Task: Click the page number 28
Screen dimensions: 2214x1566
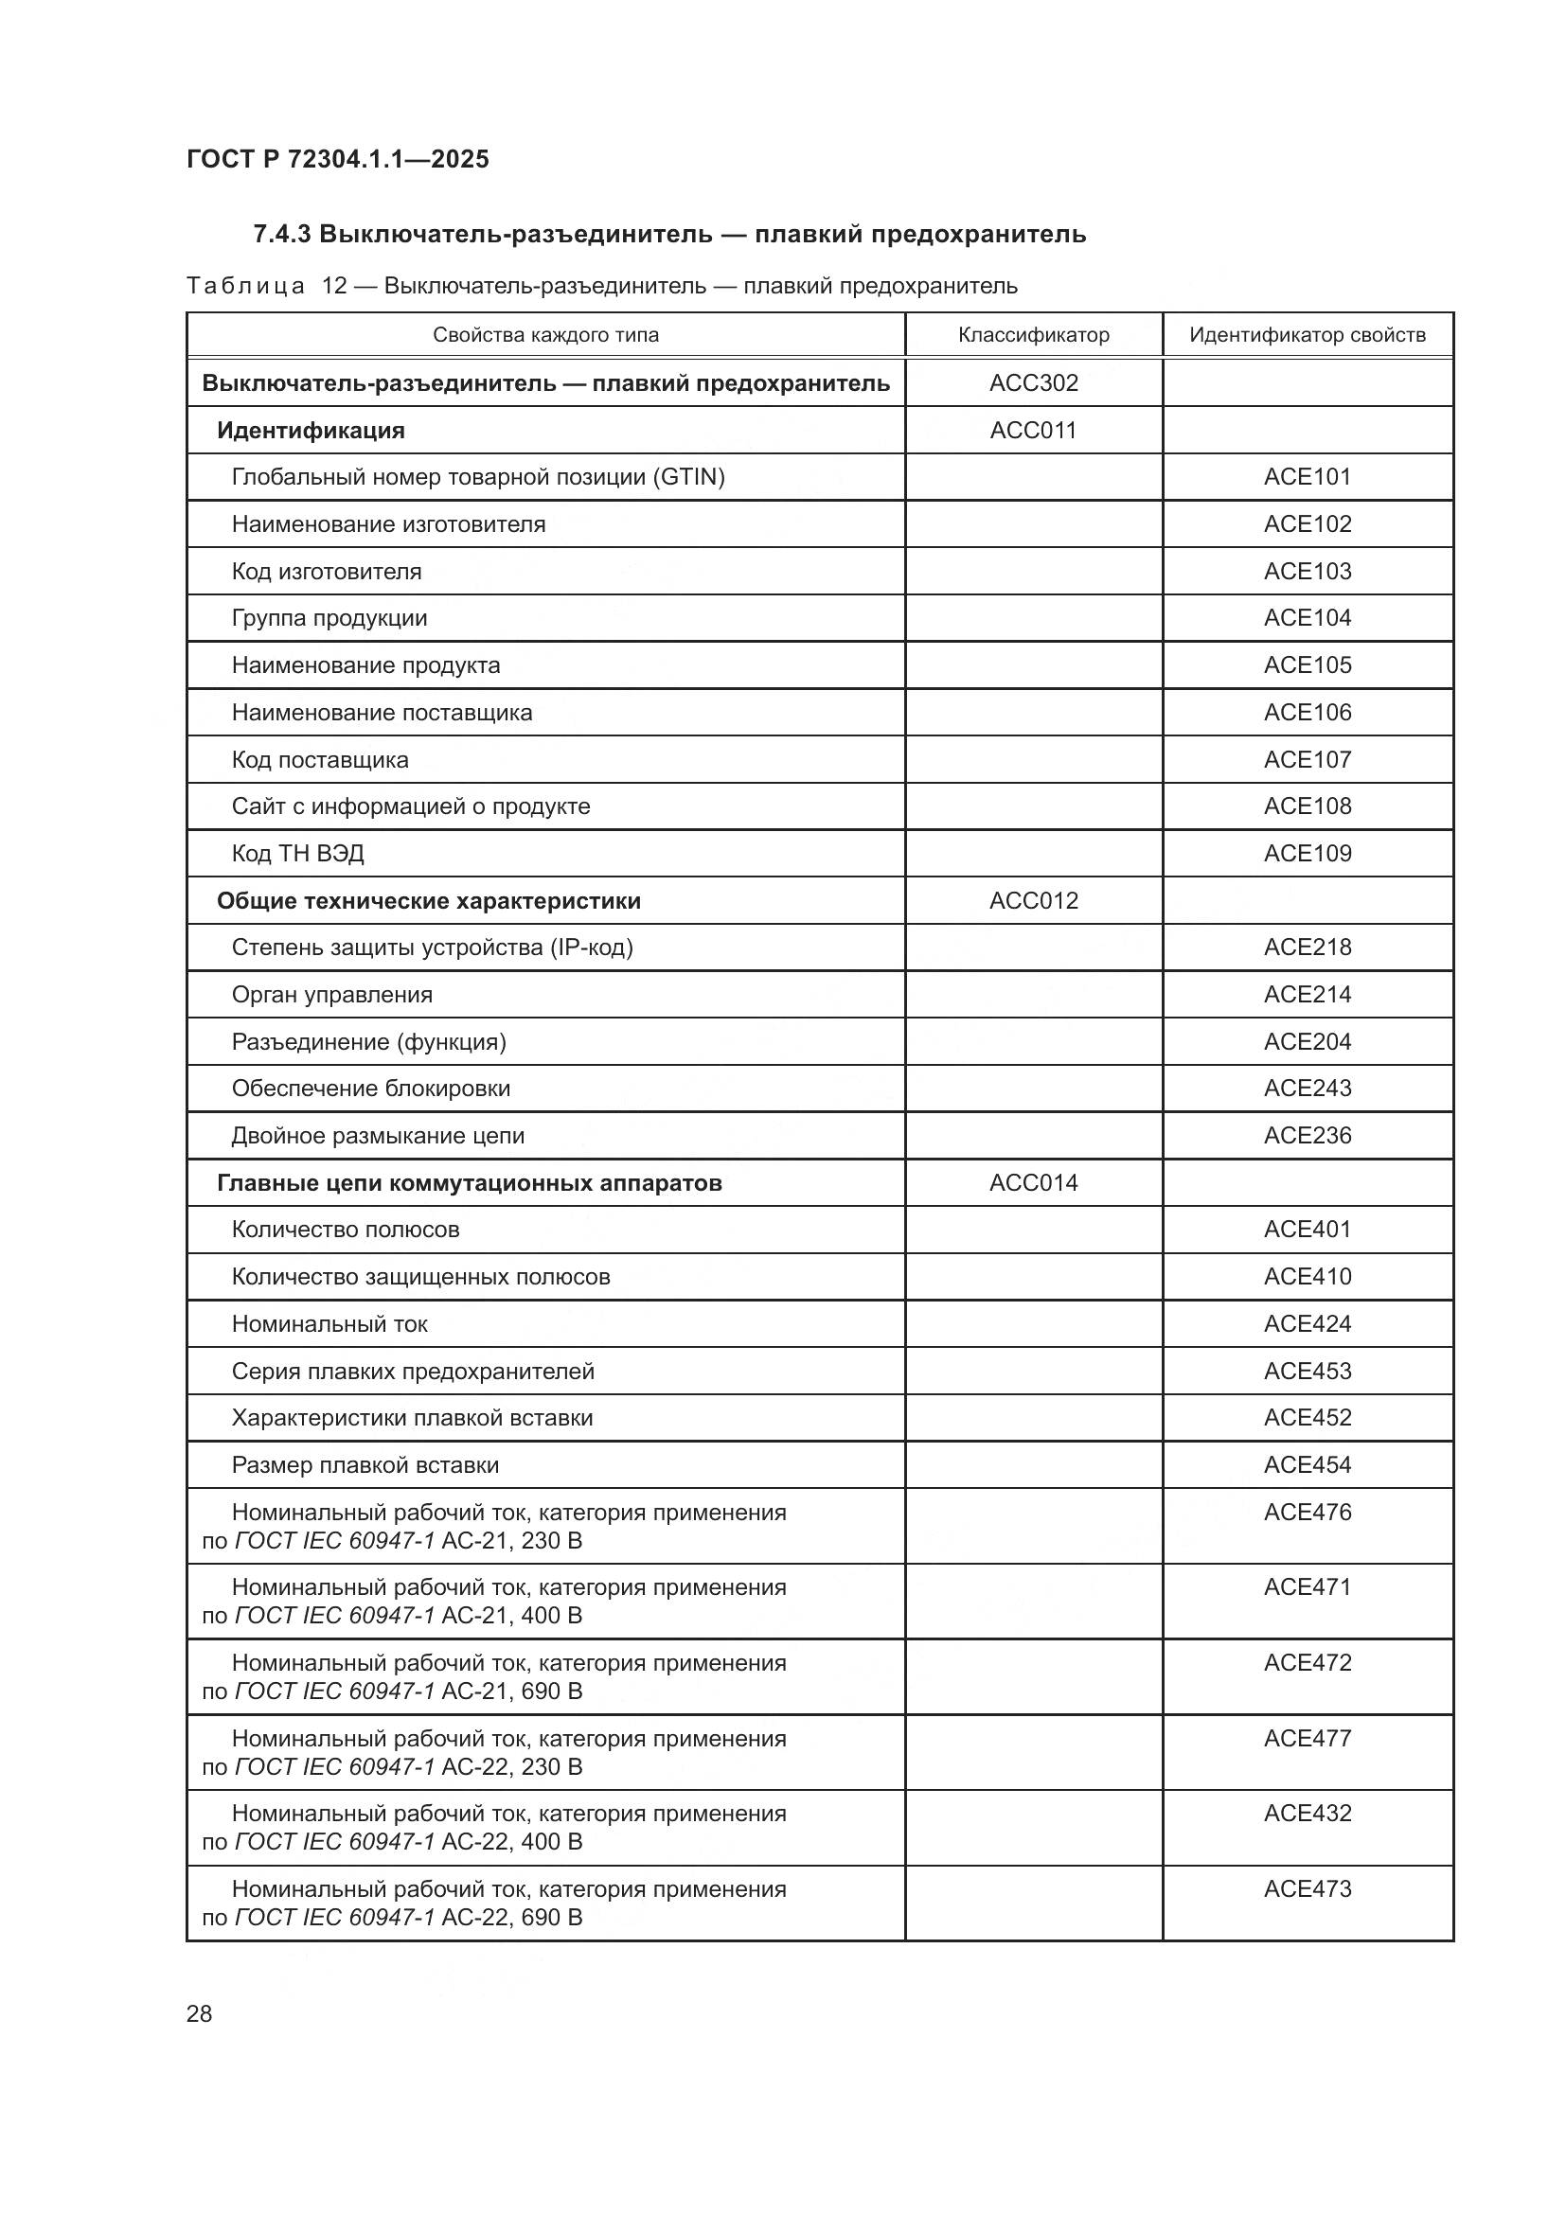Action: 199,2013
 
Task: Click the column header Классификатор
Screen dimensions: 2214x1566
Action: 1033,334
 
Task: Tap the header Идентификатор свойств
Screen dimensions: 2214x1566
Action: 1307,334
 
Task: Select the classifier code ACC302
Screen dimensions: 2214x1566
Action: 1033,382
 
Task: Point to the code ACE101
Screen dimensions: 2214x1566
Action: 1307,476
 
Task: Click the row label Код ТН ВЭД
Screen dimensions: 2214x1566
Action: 297,854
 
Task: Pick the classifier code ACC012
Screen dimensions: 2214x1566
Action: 1033,900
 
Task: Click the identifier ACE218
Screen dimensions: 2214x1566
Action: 1307,947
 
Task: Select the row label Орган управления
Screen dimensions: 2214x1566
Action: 331,994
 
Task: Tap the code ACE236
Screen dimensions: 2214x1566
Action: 1307,1135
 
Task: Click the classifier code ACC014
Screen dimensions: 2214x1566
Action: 1033,1182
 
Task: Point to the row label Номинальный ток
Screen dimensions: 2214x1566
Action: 329,1324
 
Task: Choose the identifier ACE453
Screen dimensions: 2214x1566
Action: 1307,1371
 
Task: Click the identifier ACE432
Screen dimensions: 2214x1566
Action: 1307,1813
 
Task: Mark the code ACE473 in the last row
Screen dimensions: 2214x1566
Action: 1307,1888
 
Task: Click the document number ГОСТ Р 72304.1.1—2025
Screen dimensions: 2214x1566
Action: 337,159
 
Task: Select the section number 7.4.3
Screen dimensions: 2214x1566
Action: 281,235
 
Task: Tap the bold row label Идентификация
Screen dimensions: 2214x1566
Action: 311,430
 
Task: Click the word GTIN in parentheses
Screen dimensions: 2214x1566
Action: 688,476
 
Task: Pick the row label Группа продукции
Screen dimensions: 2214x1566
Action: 329,618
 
